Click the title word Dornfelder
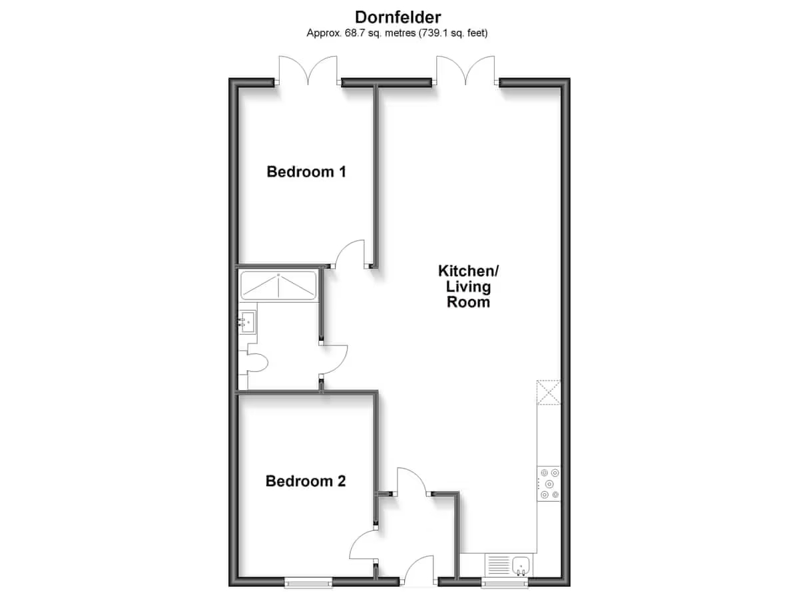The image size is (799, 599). pos(398,17)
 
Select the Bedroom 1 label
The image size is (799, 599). pos(306,172)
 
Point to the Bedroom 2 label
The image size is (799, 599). pos(306,481)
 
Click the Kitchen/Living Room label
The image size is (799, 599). pos(469,286)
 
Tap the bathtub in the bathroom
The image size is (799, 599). pos(278,286)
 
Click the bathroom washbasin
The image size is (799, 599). pos(248,322)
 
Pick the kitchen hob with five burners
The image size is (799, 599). pos(549,484)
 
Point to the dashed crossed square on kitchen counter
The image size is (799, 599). pos(549,392)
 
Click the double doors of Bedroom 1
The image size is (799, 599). pos(308,70)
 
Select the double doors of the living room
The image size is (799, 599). pos(465,70)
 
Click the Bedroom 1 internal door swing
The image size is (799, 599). pos(350,254)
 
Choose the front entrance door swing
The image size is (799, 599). pos(419,570)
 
